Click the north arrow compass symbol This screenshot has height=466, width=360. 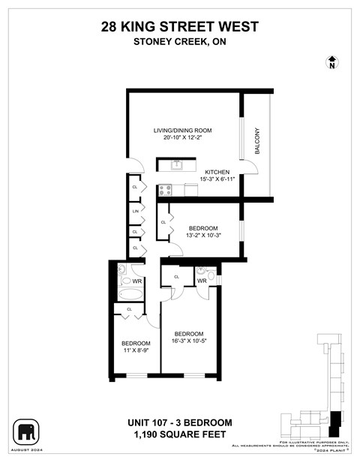tap(331, 62)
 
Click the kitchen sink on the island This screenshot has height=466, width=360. tap(176, 164)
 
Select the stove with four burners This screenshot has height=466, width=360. tap(164, 190)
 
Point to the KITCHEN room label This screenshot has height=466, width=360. tap(217, 172)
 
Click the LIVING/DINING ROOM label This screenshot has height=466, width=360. tap(179, 130)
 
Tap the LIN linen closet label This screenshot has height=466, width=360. tap(136, 212)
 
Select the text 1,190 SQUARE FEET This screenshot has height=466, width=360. tap(179, 434)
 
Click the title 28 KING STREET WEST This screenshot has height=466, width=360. tap(179, 27)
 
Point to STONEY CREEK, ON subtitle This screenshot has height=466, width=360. tap(179, 42)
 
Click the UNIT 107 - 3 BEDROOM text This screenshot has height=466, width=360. tap(179, 422)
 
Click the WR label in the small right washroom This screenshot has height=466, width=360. tap(202, 281)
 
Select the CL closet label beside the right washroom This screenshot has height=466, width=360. tap(177, 277)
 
